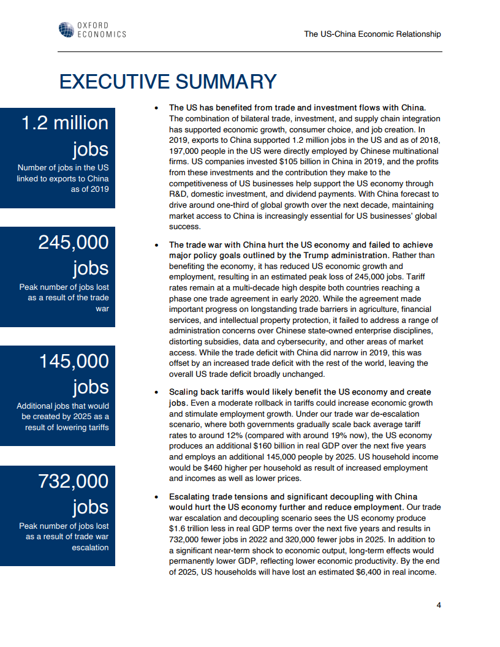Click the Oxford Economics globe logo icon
[x=66, y=29]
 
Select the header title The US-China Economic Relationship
[x=372, y=34]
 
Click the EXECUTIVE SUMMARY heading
[x=167, y=82]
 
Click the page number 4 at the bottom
[x=439, y=605]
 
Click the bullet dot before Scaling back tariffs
[x=157, y=392]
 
